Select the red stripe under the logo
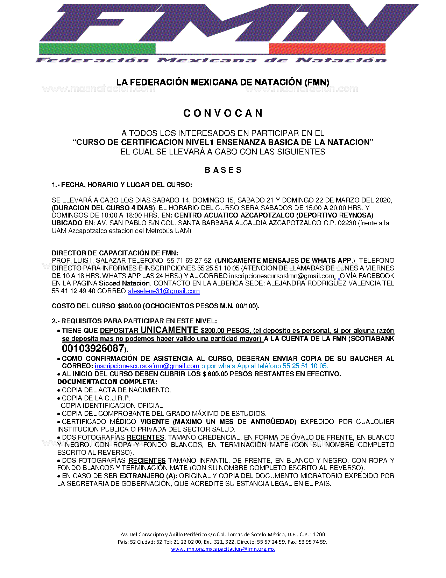click(327, 49)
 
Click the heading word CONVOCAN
click(223, 113)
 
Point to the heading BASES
click(223, 170)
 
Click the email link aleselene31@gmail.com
click(164, 291)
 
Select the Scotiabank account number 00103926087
click(93, 348)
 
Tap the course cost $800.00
click(129, 306)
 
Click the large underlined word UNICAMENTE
click(169, 330)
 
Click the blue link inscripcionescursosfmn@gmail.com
click(147, 366)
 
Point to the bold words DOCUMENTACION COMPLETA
click(107, 382)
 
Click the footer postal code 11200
click(317, 535)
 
